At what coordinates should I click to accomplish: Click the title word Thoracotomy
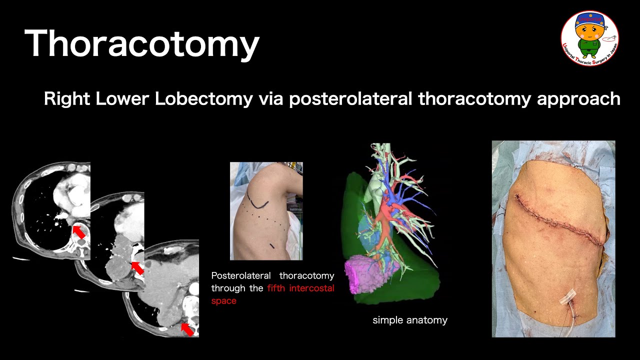pos(141,44)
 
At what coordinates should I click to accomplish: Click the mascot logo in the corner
pos(589,38)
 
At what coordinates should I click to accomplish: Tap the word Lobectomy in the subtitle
pos(203,99)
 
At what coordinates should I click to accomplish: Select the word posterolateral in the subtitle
pos(350,99)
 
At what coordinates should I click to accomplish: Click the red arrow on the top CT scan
pos(78,232)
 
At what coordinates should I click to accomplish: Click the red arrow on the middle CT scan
pos(136,268)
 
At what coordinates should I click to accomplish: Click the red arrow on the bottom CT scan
pos(187,328)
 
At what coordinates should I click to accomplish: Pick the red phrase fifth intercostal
pos(300,288)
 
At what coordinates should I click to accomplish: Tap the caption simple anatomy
pos(410,320)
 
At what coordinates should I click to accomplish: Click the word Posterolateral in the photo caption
pos(241,276)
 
